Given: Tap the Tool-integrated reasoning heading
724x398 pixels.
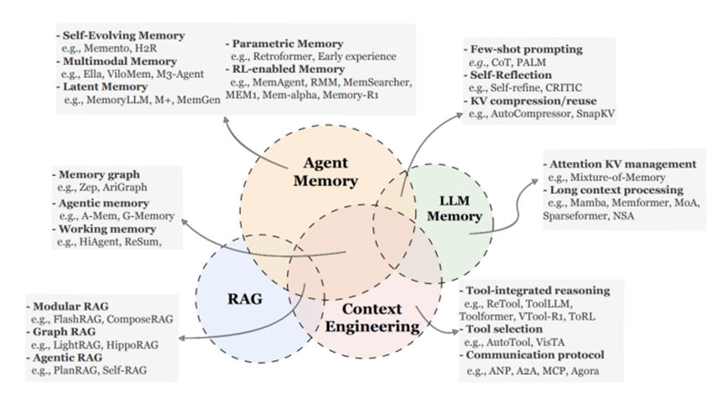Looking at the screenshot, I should (539, 291).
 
